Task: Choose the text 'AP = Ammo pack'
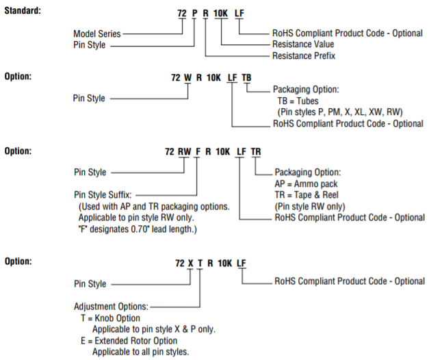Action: pyautogui.click(x=308, y=184)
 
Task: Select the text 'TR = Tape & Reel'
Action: pyautogui.click(x=311, y=195)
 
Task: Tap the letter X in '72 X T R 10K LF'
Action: pyautogui.click(x=190, y=263)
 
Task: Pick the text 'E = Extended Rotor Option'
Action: pyautogui.click(x=130, y=340)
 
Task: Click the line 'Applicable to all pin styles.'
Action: pyautogui.click(x=140, y=351)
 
